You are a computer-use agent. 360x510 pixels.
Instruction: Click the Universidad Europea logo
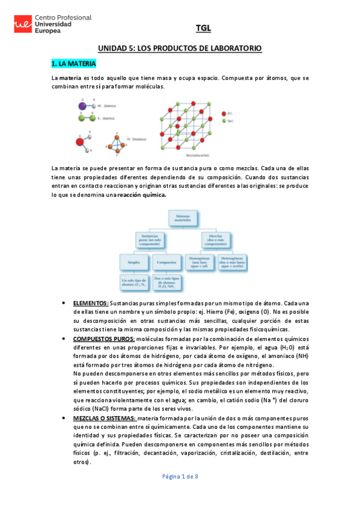click(52, 25)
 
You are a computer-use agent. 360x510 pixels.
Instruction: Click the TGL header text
click(203, 28)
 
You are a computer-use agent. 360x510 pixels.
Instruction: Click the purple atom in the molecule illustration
click(82, 106)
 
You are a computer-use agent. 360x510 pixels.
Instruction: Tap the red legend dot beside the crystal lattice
click(224, 112)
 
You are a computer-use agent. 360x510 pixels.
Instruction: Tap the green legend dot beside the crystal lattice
click(224, 121)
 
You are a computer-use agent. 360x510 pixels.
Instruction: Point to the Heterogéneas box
click(235, 262)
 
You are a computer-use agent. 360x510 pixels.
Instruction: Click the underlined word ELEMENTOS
click(91, 303)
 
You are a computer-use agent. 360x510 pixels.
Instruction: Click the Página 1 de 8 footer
click(180, 476)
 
